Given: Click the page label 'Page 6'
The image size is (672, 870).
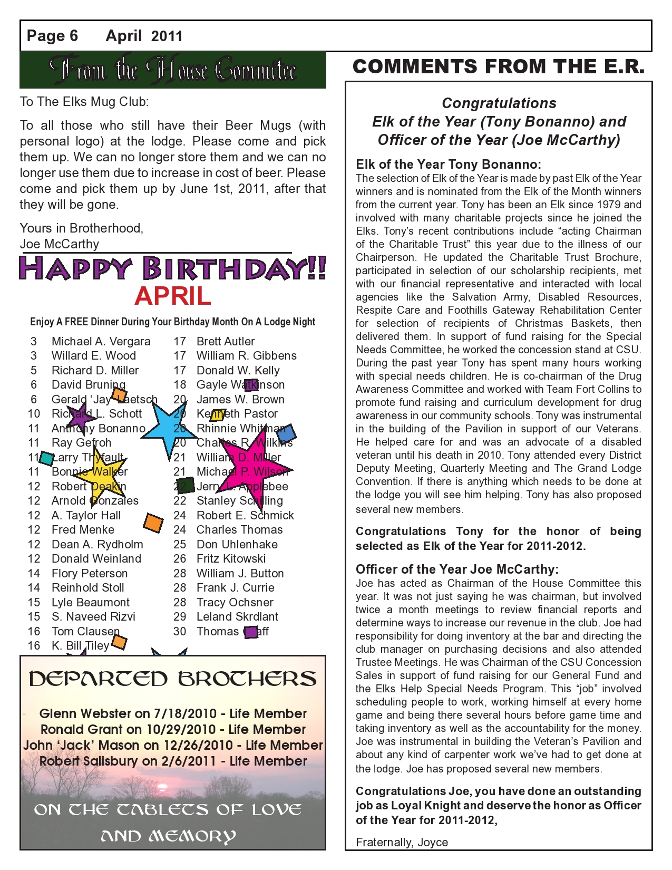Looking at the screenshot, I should pos(52,36).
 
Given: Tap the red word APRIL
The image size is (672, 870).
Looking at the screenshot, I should pos(173,296).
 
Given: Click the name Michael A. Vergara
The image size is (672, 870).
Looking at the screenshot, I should pos(101,342).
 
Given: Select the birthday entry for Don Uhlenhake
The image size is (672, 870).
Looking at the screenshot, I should pos(237,544).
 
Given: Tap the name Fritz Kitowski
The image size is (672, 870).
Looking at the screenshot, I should pos(231,559).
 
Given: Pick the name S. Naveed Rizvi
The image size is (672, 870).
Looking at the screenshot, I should pos(93,617).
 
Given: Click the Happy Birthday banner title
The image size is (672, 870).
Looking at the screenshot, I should pos(173,268).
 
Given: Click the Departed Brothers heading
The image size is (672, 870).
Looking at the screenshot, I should pos(173,679).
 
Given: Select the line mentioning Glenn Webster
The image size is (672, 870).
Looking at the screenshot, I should pos(173,714).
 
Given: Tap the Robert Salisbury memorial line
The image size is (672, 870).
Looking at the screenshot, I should pos(173,761).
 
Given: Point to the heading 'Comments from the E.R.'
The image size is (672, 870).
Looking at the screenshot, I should pos(499,67).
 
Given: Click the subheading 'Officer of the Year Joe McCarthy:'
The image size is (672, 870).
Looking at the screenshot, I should pos(457,569).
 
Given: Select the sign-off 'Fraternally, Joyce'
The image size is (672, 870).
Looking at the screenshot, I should pos(402,842).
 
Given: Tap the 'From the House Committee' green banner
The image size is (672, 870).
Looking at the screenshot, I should pos(173,70).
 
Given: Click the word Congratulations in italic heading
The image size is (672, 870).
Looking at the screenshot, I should pos(499,103).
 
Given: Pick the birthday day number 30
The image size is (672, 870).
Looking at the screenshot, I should pos(180,632).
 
